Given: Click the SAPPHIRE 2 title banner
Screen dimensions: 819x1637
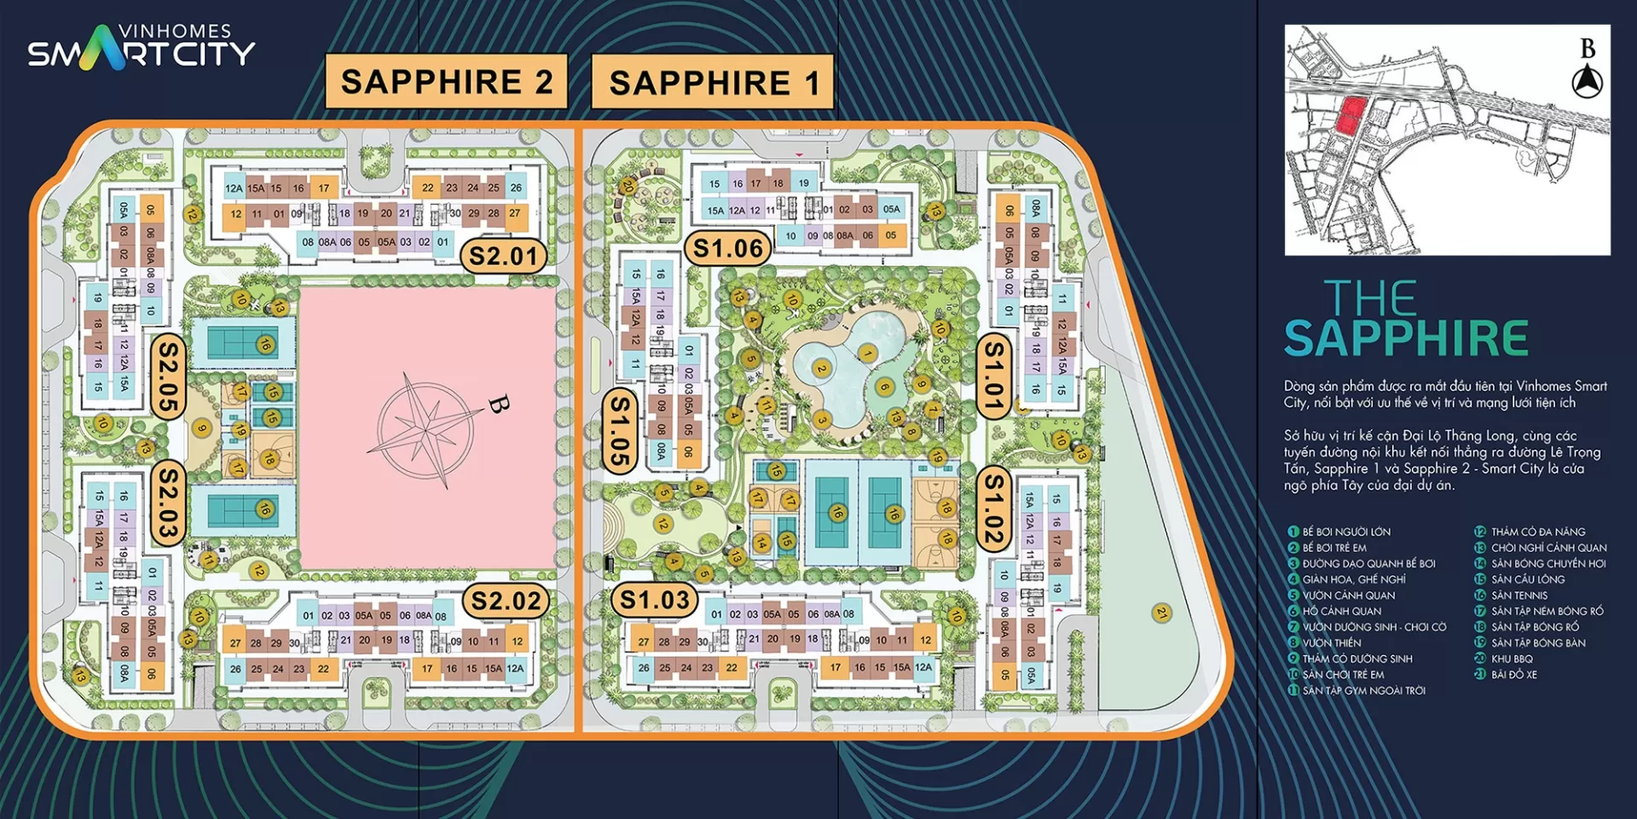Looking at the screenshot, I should click(x=447, y=82).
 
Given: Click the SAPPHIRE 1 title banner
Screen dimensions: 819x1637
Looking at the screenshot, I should click(x=713, y=83).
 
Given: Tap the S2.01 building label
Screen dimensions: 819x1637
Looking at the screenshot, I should click(x=503, y=256).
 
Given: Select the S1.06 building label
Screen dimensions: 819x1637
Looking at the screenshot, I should click(x=727, y=248).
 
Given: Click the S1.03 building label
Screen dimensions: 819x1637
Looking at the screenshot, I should click(x=654, y=600).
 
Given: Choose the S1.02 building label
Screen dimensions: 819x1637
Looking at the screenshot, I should click(x=993, y=509).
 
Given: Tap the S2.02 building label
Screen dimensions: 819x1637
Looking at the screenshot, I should click(x=506, y=601).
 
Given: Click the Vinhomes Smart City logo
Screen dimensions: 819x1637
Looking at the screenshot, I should click(x=142, y=47).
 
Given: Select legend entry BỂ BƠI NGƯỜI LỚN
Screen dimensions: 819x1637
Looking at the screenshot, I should click(x=1346, y=531).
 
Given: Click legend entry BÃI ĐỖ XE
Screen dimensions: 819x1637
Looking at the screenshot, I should click(x=1513, y=675).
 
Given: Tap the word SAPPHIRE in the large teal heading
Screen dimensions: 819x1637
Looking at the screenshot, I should click(x=1406, y=339).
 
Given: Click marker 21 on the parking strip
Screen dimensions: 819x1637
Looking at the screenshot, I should click(x=1161, y=613).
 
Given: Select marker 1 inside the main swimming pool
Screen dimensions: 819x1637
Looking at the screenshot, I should click(x=867, y=353).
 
